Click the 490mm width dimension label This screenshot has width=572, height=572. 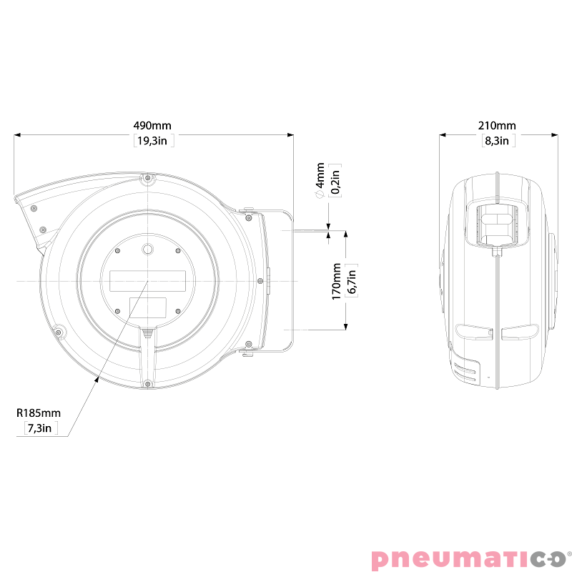coord(152,125)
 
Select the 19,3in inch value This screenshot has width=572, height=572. coord(154,141)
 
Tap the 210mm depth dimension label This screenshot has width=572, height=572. coord(497,125)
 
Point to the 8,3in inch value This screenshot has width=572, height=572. coord(497,141)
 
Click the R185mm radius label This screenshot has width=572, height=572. coord(39,413)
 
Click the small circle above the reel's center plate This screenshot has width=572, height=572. coord(147,250)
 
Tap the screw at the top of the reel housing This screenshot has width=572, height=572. coord(147,177)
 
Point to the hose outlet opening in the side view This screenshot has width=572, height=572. coord(496,223)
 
